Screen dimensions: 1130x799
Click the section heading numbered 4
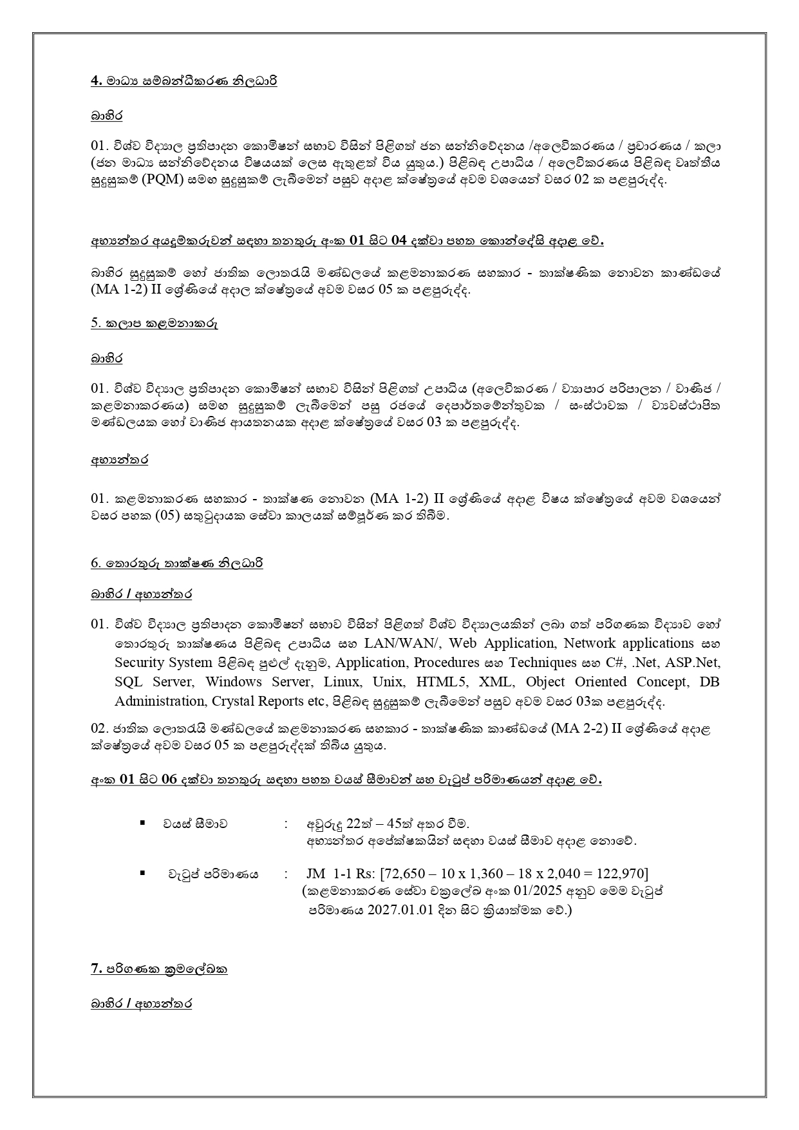183,82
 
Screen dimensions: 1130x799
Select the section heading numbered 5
154,324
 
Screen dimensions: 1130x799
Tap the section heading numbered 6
176,563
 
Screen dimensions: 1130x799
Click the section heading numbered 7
159,969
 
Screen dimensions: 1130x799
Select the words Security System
164,663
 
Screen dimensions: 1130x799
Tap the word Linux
342,682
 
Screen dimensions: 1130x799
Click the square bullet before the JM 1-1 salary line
142,872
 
